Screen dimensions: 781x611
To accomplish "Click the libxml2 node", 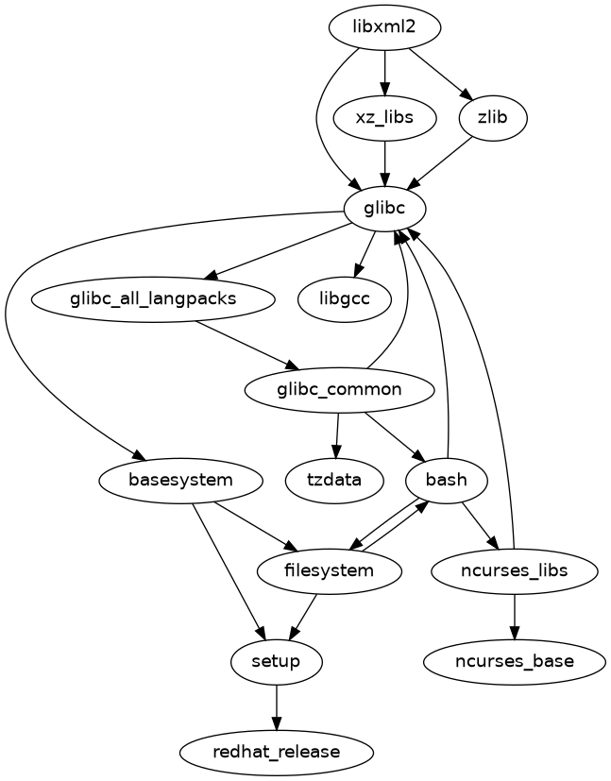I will point(384,27).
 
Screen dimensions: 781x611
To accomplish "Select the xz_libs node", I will point(384,118).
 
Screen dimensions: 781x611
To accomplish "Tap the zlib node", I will point(491,118).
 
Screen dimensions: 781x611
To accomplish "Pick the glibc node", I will point(384,209).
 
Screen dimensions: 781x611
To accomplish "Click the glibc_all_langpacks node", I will point(153,299).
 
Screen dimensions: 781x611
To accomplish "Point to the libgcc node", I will point(345,299).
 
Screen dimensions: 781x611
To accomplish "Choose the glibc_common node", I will point(339,390).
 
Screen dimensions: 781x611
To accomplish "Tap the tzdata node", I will point(334,481).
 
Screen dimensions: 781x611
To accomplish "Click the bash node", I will point(446,481).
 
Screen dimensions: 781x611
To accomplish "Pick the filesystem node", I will point(329,571).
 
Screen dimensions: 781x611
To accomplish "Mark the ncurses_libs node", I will point(514,571).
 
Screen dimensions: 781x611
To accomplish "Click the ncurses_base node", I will point(514,662).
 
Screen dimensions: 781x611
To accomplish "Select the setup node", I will point(276,662).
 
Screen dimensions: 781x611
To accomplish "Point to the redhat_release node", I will point(276,753).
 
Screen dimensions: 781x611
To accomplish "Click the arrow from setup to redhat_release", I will point(276,706).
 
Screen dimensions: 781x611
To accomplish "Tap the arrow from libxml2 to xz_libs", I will point(384,72).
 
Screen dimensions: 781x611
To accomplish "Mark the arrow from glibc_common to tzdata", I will point(337,435).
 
